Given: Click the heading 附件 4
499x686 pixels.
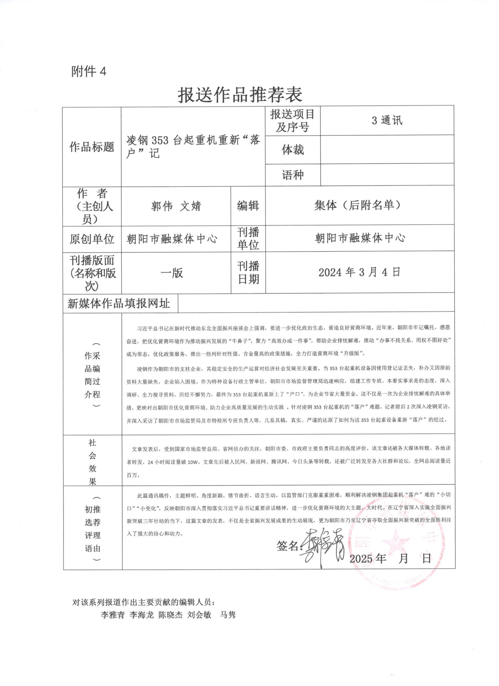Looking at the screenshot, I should pyautogui.click(x=89, y=72).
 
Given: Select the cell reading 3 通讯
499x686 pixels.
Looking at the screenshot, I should pyautogui.click(x=387, y=121).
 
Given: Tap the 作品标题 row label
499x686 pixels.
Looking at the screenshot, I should pyautogui.click(x=92, y=147).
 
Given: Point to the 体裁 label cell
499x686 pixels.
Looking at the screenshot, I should pyautogui.click(x=293, y=150).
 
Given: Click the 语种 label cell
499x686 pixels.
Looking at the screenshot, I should pyautogui.click(x=293, y=175).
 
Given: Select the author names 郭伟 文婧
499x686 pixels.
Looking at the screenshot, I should pyautogui.click(x=176, y=206).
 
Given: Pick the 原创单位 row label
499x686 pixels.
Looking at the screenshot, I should pyautogui.click(x=92, y=239).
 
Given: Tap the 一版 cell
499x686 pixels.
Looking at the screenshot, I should pyautogui.click(x=172, y=273).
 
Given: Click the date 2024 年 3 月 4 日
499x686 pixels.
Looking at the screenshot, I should pyautogui.click(x=359, y=272).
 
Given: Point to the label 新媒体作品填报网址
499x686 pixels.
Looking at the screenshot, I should pyautogui.click(x=119, y=303).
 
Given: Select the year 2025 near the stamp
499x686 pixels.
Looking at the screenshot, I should pyautogui.click(x=361, y=558).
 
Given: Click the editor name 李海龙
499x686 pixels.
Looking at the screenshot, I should pyautogui.click(x=141, y=615).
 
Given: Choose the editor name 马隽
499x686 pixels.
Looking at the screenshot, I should pyautogui.click(x=227, y=615).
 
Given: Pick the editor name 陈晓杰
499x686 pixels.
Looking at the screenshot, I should pyautogui.click(x=170, y=615).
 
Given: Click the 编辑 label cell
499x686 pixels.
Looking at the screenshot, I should pyautogui.click(x=248, y=206).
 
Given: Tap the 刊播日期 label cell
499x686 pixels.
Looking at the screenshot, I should pyautogui.click(x=248, y=272).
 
